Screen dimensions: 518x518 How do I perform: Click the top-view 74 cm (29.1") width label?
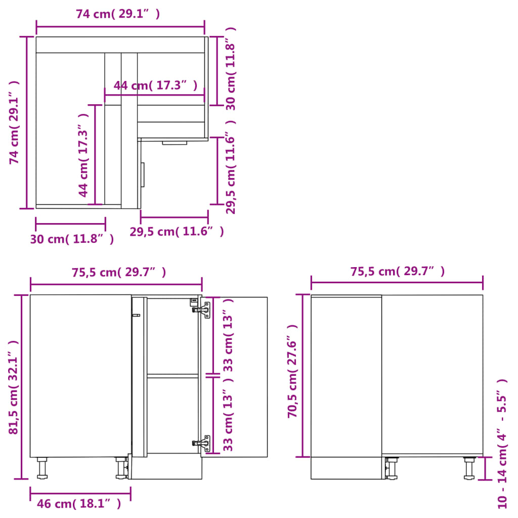coord(118,14)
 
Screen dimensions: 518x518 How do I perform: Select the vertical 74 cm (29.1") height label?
coord(15,122)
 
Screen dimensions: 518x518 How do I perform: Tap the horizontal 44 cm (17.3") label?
coord(155,85)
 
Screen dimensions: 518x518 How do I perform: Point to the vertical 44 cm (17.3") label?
coord(84,154)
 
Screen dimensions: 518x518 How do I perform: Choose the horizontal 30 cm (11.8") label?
coord(71,239)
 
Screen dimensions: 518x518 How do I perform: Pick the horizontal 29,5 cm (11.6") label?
coord(177,232)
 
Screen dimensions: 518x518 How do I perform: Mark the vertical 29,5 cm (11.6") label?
coord(231,167)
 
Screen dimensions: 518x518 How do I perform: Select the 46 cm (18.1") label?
coord(79,503)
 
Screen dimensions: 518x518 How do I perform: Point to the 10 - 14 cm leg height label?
coord(502,443)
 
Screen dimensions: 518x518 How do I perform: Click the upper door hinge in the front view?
coord(203,310)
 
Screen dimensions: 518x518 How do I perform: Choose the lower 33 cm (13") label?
coord(228,416)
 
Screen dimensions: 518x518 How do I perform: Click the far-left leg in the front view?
coord(42,468)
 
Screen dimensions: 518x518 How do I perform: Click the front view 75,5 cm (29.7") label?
coord(119,272)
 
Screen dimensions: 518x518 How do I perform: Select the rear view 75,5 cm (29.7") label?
coord(398,271)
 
